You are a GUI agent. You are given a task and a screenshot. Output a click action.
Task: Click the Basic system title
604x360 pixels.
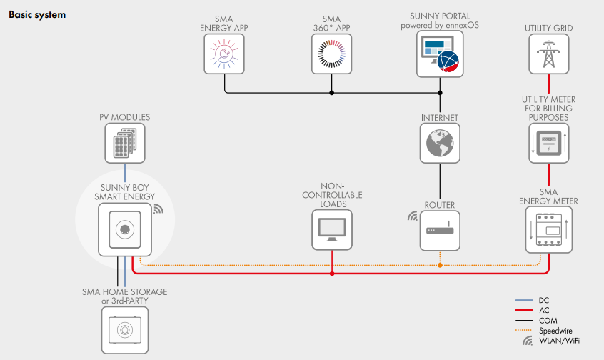[37, 14]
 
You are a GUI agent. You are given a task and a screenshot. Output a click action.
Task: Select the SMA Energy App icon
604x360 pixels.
[224, 54]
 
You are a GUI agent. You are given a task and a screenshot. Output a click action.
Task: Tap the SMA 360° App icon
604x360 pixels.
[332, 54]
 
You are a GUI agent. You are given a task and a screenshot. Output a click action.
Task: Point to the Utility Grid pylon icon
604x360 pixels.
[549, 54]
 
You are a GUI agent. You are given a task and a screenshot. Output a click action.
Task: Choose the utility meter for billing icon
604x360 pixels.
[549, 142]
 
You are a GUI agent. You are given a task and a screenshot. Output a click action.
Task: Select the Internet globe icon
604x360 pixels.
[440, 142]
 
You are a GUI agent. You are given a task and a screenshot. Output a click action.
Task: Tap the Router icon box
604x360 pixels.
[440, 230]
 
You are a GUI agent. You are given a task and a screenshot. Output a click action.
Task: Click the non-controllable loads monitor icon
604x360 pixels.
[332, 230]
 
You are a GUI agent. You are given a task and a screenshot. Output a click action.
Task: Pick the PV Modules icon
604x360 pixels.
[125, 142]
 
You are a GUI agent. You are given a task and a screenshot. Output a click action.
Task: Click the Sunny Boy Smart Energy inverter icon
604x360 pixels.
[125, 229]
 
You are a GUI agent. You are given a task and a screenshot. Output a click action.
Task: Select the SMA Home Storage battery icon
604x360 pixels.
[125, 329]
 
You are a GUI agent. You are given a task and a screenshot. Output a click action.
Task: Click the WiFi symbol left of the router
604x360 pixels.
[411, 215]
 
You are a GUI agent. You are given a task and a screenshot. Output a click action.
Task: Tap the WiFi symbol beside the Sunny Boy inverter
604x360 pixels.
[158, 210]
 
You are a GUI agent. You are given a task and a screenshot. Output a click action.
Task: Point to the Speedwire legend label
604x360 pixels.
[555, 331]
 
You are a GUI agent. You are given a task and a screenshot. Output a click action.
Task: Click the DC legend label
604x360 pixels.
[545, 301]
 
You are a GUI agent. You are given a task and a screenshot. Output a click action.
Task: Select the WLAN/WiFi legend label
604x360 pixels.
[559, 341]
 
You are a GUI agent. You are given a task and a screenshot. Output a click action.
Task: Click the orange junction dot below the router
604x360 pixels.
[440, 265]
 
